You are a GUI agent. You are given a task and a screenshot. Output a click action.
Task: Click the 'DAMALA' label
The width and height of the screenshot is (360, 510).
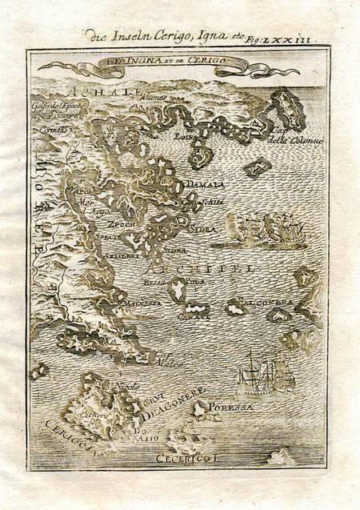pos(201,185)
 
